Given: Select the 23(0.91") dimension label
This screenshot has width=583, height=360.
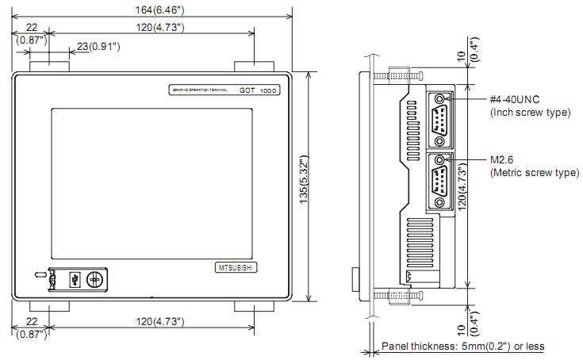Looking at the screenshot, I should (x=95, y=48).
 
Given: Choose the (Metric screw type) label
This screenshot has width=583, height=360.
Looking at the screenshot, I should (x=534, y=172).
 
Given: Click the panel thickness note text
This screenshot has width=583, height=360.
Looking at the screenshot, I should (x=463, y=347).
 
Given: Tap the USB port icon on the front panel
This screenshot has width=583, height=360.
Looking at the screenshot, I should (x=74, y=279).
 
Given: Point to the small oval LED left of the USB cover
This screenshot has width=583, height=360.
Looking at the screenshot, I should (x=40, y=275).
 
